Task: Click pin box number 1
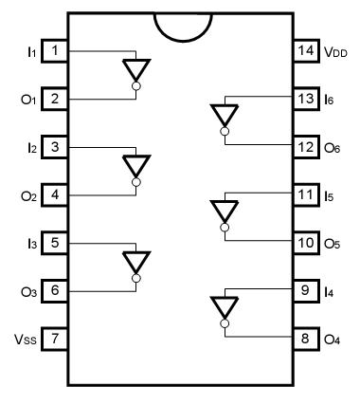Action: coord(55,49)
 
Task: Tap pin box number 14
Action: coord(306,49)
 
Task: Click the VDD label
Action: coord(335,49)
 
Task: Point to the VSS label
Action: coord(24,339)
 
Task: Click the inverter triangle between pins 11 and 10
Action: coord(224,210)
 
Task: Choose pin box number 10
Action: coord(306,242)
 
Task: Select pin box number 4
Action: coord(55,194)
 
